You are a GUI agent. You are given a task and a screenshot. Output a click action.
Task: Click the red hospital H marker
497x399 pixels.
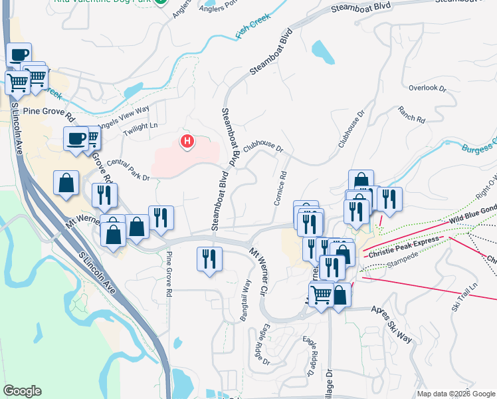point(188,141)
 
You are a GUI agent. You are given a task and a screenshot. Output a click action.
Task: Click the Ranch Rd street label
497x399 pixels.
point(411,114)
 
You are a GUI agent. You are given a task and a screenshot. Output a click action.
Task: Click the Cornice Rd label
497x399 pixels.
point(280,188)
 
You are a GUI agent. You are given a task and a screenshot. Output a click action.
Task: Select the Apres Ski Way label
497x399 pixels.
point(391,324)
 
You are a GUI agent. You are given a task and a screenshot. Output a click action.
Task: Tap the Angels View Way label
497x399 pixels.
point(124,117)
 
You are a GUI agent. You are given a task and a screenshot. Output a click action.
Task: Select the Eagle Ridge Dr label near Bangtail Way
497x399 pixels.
point(261,344)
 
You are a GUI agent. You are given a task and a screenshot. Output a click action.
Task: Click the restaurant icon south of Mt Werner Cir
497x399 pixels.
point(209,258)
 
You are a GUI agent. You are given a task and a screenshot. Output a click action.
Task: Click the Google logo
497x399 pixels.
point(22,391)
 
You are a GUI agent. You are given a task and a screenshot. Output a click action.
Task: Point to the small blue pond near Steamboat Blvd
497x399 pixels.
point(321,51)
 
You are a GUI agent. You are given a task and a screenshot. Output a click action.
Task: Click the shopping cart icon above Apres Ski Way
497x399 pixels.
point(321,293)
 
